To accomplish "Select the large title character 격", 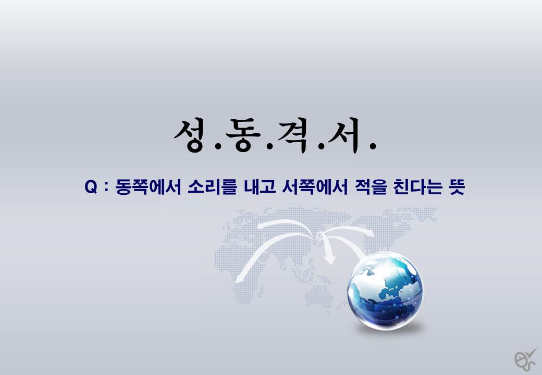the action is [293, 135].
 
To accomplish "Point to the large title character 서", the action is [345, 135].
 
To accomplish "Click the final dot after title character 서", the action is [373, 146].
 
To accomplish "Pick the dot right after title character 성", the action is [218, 146].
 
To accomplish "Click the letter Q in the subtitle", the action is [91, 187].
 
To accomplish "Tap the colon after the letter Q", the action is [106, 188].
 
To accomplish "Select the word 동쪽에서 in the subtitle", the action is [148, 187].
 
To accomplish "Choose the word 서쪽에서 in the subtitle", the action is [315, 187].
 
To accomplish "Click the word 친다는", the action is [417, 187].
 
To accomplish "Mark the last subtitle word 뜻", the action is [457, 187].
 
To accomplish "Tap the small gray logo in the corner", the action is [525, 359].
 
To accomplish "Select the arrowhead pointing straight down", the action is [330, 260].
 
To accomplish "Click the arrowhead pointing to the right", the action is [370, 233].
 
